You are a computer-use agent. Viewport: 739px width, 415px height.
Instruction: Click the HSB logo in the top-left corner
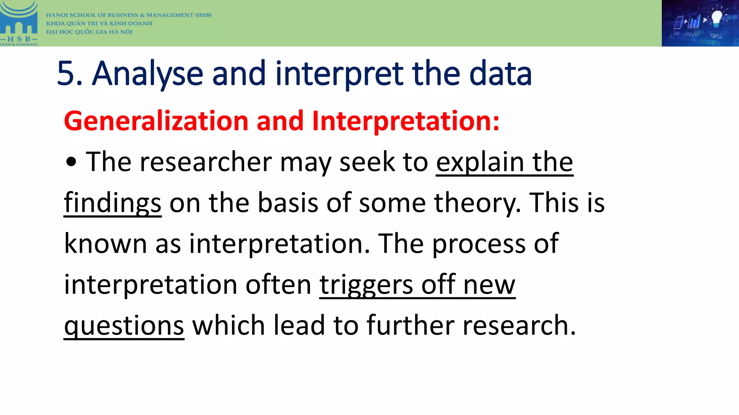(x=19, y=23)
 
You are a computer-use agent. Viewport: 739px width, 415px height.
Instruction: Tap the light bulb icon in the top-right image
(x=717, y=18)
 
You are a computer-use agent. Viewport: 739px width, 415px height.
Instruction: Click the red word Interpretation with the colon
(x=406, y=121)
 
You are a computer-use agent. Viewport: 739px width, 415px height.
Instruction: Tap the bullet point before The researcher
(x=71, y=162)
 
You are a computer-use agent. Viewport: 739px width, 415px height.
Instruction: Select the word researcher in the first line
(x=206, y=162)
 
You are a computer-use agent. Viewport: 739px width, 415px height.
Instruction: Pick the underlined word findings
(x=113, y=203)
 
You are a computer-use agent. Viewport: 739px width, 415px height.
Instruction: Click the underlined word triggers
(x=366, y=285)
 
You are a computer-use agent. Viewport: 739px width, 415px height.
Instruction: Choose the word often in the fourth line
(x=278, y=285)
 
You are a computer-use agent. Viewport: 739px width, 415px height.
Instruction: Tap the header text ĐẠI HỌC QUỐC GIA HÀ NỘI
(x=89, y=32)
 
